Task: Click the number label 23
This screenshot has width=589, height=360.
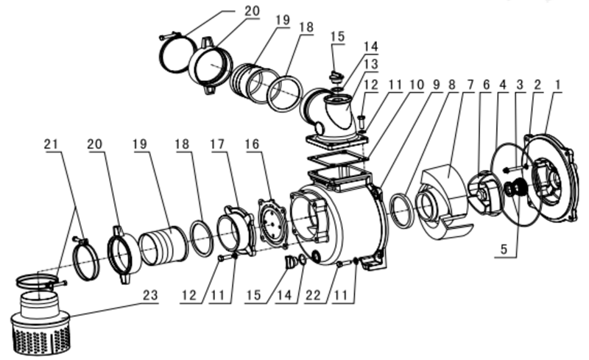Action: tap(150, 295)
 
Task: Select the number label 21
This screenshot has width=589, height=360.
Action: tap(52, 144)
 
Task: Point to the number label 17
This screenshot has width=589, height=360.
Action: tap(217, 144)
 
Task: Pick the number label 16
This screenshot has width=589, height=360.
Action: tap(252, 144)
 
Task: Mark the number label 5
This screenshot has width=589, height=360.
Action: tap(504, 249)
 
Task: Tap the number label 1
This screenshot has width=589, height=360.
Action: tap(558, 85)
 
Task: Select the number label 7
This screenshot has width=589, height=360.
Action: tap(470, 85)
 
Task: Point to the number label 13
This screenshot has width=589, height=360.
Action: tap(371, 63)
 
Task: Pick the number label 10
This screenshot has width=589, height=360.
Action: tap(416, 85)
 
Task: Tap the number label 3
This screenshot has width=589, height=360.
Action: tap(520, 85)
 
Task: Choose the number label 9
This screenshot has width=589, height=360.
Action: tap(436, 85)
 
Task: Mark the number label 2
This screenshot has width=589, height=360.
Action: tap(537, 85)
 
